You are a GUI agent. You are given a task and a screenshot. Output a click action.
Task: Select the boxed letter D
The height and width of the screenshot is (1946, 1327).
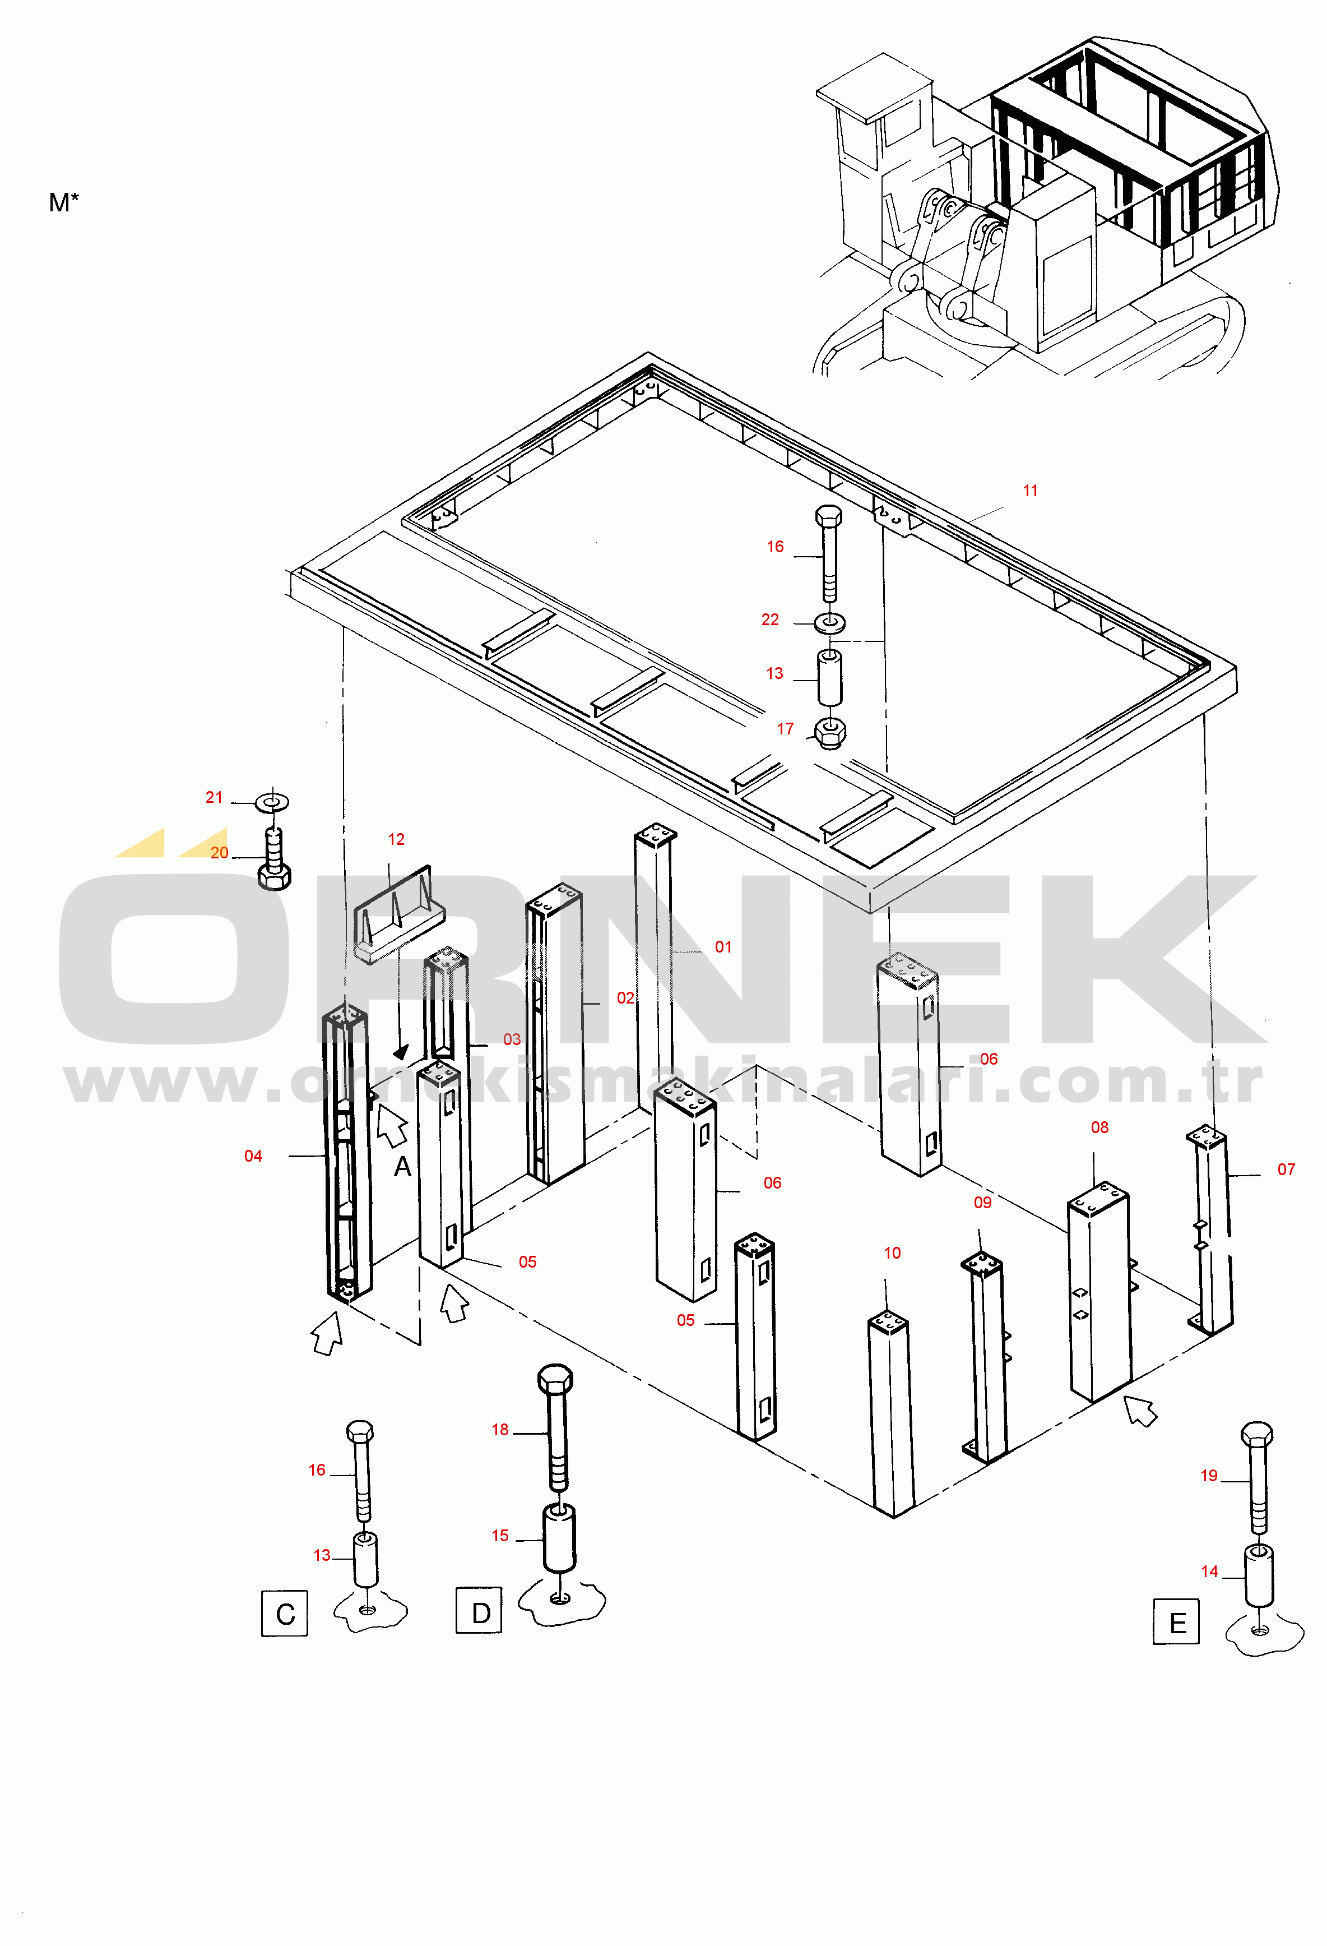click(479, 1610)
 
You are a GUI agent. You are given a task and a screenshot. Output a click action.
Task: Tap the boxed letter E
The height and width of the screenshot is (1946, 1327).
click(1176, 1621)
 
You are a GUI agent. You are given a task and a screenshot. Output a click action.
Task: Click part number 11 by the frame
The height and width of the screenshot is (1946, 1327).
click(1030, 491)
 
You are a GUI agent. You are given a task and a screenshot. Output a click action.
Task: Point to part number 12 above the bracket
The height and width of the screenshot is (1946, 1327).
click(396, 839)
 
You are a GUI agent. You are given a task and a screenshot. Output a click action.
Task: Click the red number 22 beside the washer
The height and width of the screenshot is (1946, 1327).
click(770, 620)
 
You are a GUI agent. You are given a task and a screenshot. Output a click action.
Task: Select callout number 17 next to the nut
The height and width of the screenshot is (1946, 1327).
click(785, 728)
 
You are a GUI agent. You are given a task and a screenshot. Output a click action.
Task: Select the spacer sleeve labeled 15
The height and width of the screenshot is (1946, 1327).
click(559, 1539)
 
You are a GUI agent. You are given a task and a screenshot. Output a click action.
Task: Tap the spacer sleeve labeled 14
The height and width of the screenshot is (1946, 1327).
click(1258, 1575)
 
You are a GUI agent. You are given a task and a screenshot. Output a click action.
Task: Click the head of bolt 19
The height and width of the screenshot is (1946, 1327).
click(1257, 1435)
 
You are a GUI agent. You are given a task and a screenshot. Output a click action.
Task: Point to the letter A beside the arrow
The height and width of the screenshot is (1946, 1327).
click(403, 1167)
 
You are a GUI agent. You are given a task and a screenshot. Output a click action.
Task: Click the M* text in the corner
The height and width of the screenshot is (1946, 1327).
click(64, 202)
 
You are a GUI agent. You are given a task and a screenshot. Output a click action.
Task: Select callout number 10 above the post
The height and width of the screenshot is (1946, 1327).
click(893, 1252)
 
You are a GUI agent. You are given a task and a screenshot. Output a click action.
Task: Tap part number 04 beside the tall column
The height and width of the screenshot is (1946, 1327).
click(253, 1155)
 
